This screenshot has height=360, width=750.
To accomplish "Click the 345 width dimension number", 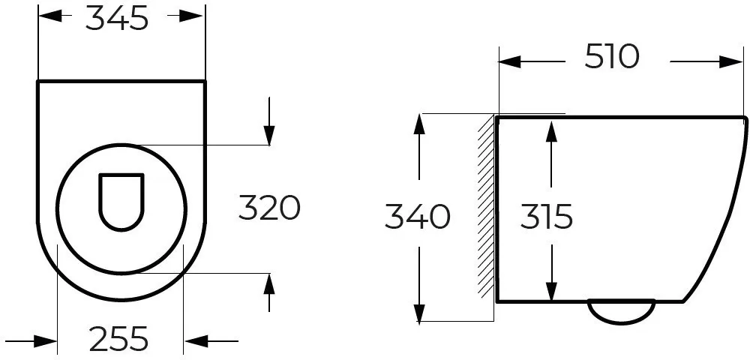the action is [x=117, y=19].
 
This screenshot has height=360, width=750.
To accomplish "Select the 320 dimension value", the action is [x=269, y=208].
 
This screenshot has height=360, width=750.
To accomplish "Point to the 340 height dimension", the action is [x=418, y=217].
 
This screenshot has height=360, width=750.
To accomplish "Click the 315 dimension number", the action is [x=546, y=217].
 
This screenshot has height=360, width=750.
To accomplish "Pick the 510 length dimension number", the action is [x=612, y=56].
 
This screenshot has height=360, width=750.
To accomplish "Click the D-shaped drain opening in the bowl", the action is [x=121, y=202].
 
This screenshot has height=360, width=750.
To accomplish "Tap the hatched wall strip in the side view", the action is [x=487, y=206].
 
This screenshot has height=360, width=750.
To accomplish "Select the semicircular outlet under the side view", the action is [x=621, y=311].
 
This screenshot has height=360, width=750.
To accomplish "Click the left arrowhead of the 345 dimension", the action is [x=50, y=16].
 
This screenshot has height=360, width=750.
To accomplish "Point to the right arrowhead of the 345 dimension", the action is [x=192, y=16].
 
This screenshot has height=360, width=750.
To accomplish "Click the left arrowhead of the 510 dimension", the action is [x=510, y=61].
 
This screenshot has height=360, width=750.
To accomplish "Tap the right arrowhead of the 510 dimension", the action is [x=730, y=61].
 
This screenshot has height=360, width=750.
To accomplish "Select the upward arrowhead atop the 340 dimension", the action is [x=419, y=125].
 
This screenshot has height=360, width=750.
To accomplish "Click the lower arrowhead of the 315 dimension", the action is [x=552, y=289].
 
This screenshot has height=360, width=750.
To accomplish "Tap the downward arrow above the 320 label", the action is [x=269, y=121].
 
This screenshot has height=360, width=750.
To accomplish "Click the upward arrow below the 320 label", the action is [x=269, y=292].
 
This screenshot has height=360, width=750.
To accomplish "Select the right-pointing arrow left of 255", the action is [x=31, y=341].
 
